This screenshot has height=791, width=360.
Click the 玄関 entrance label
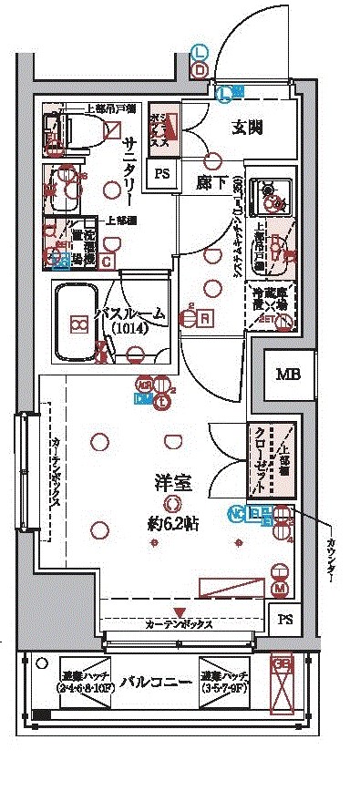(247, 127)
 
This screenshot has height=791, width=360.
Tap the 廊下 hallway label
(211, 180)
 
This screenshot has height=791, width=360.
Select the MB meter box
(287, 375)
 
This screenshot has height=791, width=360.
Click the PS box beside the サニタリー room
(162, 174)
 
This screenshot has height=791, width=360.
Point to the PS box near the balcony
(286, 620)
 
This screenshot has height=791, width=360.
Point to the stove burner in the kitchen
(271, 191)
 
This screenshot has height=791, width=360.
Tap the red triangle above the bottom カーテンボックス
(180, 611)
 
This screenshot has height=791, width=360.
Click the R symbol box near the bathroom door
(206, 318)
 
